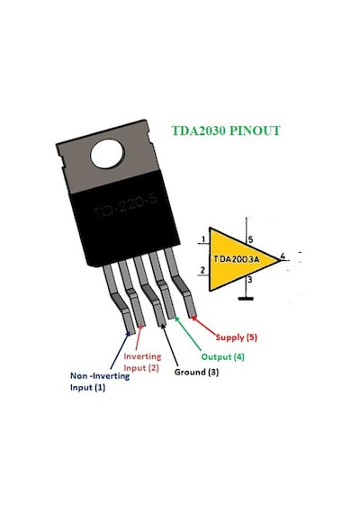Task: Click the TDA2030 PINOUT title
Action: (x=226, y=130)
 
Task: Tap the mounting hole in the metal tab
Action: (x=108, y=154)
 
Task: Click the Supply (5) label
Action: (x=237, y=337)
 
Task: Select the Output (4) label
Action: (x=222, y=356)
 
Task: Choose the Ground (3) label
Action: (x=196, y=372)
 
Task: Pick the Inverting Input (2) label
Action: (x=142, y=362)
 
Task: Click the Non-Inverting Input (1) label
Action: (x=100, y=382)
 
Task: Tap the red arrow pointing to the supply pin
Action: (x=203, y=326)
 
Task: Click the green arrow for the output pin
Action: (x=188, y=335)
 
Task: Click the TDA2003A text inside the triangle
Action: (x=237, y=259)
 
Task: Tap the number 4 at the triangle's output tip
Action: (x=283, y=256)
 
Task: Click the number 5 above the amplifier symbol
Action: (x=251, y=239)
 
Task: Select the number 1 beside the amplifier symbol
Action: (x=203, y=239)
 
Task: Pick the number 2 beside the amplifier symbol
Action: (x=202, y=270)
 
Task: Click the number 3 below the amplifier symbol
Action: (x=250, y=280)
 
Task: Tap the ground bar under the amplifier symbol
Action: (x=246, y=299)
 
